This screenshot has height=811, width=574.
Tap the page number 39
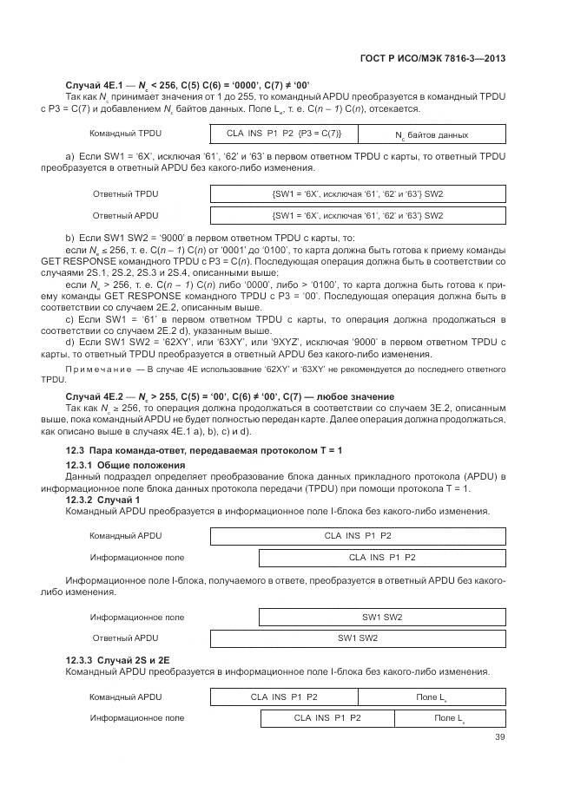(x=499, y=737)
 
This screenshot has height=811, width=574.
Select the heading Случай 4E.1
(x=94, y=84)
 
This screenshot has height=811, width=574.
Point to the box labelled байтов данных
(x=432, y=134)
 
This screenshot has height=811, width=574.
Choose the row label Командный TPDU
(x=125, y=134)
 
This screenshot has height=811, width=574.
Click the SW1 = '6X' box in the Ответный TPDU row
(x=357, y=194)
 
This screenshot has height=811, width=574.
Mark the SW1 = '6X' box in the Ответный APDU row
(x=357, y=215)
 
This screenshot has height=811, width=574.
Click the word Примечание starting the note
(x=95, y=370)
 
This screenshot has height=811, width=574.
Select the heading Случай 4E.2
(x=94, y=396)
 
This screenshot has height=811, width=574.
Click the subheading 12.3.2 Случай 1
(x=102, y=500)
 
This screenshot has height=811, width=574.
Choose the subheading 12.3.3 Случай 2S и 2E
(x=117, y=660)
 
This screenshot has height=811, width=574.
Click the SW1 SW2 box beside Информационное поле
(x=382, y=617)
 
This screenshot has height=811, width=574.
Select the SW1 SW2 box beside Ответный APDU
(x=357, y=638)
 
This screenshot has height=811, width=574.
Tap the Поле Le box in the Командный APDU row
(x=431, y=697)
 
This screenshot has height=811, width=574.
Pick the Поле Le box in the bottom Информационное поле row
(x=450, y=718)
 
